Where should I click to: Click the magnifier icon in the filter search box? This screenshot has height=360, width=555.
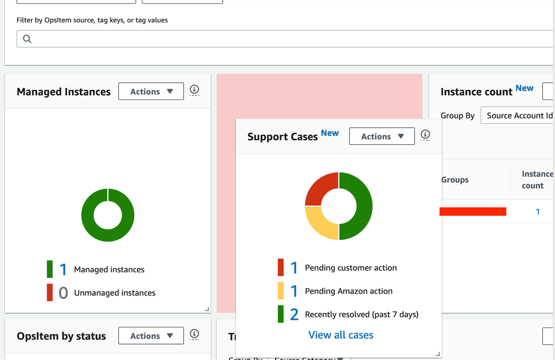pyautogui.click(x=27, y=39)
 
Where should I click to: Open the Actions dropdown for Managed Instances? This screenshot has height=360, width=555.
pyautogui.click(x=151, y=91)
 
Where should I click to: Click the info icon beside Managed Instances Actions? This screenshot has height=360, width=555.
pyautogui.click(x=194, y=90)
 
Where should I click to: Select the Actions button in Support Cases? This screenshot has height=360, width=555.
pyautogui.click(x=382, y=136)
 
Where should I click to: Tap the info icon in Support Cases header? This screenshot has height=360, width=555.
pyautogui.click(x=425, y=135)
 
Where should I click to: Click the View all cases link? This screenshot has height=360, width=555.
pyautogui.click(x=340, y=335)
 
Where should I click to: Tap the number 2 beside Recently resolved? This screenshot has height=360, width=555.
pyautogui.click(x=294, y=314)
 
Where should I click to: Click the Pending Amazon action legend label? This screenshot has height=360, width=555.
pyautogui.click(x=349, y=291)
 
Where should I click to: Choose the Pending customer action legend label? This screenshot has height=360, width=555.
pyautogui.click(x=350, y=268)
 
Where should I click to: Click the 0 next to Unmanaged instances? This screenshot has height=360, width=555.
pyautogui.click(x=63, y=293)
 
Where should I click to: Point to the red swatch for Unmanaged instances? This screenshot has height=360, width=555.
pyautogui.click(x=49, y=293)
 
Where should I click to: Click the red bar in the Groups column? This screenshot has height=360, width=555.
pyautogui.click(x=473, y=212)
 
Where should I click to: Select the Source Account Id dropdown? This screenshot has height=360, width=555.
pyautogui.click(x=518, y=116)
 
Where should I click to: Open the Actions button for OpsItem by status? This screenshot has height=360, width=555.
pyautogui.click(x=151, y=336)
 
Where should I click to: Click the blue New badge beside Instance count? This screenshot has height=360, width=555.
pyautogui.click(x=524, y=88)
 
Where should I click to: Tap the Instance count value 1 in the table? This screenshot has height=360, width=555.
pyautogui.click(x=538, y=212)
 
